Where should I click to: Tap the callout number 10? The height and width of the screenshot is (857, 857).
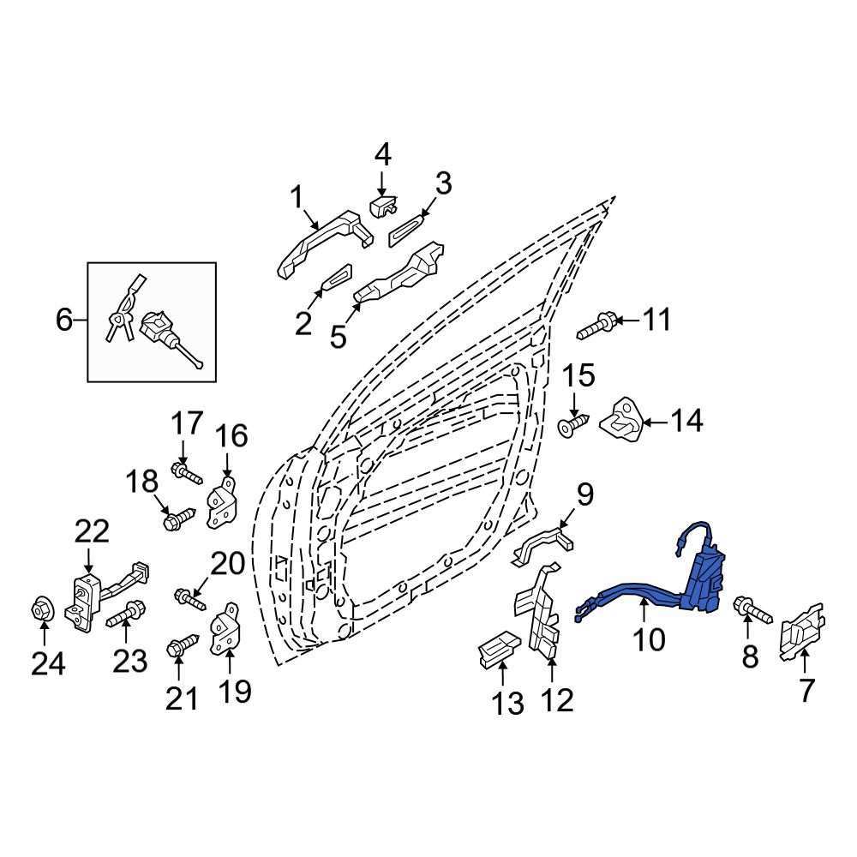(649, 638)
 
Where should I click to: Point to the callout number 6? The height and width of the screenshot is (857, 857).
(64, 321)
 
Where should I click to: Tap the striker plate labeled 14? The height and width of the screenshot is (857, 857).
(623, 420)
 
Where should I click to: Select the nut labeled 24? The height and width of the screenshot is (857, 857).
(43, 610)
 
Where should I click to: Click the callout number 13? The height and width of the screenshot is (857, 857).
(507, 704)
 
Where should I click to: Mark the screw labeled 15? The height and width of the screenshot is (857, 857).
(574, 423)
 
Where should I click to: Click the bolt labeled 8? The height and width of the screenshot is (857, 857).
(752, 611)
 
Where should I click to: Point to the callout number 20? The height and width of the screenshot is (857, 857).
(227, 564)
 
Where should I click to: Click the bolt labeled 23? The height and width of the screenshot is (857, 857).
(125, 616)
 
